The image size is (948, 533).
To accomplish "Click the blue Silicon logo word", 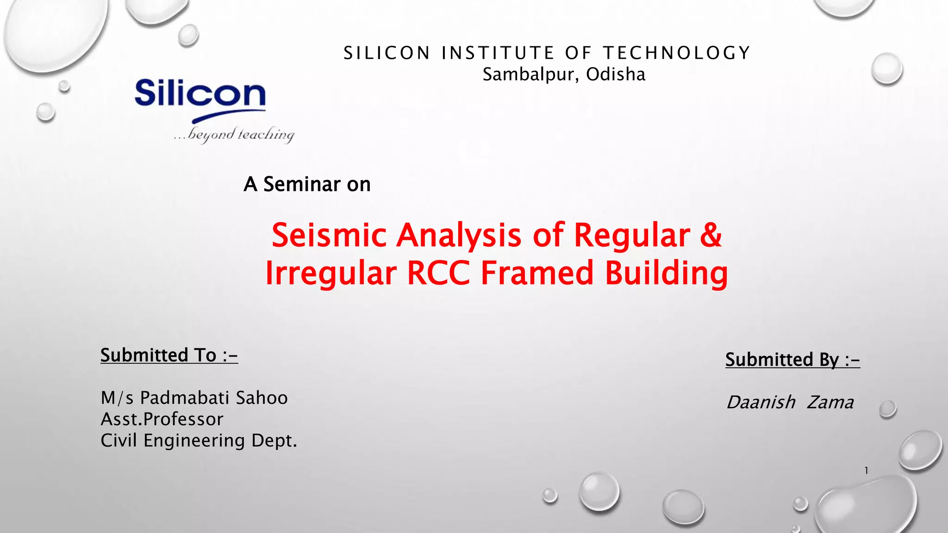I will [200, 94].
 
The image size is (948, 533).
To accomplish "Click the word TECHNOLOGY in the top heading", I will [676, 53].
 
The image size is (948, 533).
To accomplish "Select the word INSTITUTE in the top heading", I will [498, 53].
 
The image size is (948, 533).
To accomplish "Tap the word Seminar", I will [302, 184].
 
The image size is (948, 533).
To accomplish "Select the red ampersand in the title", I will [711, 235].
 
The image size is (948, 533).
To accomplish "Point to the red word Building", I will [666, 273].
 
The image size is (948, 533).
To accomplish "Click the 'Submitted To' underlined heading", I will [169, 355].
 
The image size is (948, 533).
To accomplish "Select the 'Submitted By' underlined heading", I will [792, 359].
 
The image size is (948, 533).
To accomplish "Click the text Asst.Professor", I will [162, 419].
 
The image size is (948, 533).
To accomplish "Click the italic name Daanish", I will [761, 403].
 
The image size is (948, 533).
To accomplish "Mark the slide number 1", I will [866, 471].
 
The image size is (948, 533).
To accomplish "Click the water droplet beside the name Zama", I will [887, 409].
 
